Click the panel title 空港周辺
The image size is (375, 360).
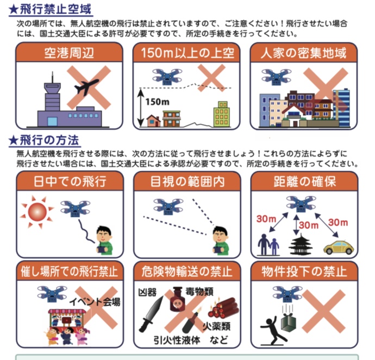pos(69,53)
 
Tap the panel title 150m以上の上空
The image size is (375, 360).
pos(186,53)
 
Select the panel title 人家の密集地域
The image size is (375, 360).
pos(304,53)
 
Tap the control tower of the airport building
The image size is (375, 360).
pos(51,90)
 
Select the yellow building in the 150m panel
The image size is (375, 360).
pos(222,114)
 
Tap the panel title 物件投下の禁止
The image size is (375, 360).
pos(304,270)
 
